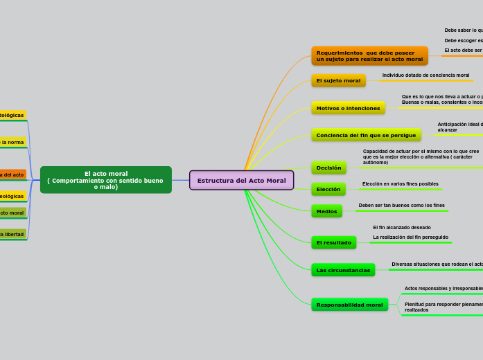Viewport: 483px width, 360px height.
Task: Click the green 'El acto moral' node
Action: tap(105, 180)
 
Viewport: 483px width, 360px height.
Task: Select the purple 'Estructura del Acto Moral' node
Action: tap(241, 181)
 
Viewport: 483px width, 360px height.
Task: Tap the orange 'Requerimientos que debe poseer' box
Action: tap(369, 56)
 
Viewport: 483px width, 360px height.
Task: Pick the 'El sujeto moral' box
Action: tap(338, 81)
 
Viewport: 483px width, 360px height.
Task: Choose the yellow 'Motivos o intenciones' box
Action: tap(348, 109)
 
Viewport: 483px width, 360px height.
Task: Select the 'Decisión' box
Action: tap(328, 168)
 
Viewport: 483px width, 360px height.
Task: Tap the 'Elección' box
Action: tap(328, 189)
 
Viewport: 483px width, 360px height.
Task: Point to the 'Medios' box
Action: tap(326, 211)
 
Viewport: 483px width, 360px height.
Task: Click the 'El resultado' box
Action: tap(333, 243)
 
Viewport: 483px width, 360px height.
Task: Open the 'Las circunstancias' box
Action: tap(343, 270)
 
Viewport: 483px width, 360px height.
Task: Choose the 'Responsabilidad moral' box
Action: tap(349, 305)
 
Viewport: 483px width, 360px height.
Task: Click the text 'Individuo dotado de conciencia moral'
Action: tap(425, 75)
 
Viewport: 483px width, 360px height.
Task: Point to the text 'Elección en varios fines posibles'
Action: tap(400, 184)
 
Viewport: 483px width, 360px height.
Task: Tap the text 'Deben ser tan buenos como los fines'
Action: tap(401, 206)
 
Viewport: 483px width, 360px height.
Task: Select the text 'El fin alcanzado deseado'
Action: tap(402, 228)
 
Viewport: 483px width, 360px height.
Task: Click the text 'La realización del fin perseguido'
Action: tap(410, 237)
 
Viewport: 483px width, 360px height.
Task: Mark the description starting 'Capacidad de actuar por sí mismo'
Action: tap(421, 156)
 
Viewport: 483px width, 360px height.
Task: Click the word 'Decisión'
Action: tap(328, 168)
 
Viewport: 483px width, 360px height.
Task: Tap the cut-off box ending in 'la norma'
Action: tap(12, 142)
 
